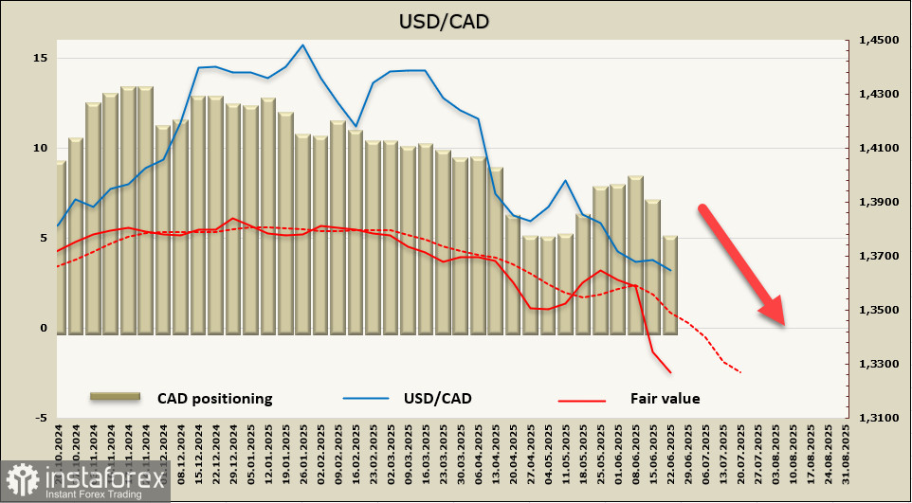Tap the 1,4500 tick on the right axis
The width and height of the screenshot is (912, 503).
click(x=877, y=41)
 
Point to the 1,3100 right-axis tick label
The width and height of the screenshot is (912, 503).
click(x=877, y=418)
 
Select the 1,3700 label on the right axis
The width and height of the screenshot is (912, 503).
click(x=877, y=257)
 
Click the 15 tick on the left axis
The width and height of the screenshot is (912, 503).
click(x=40, y=59)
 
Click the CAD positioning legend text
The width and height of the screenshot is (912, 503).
click(x=215, y=399)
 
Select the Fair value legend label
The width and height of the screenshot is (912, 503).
click(x=665, y=399)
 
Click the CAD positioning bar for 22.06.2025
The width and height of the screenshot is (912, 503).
click(x=670, y=284)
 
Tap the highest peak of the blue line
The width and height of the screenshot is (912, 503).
click(x=302, y=45)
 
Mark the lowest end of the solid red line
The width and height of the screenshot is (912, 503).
click(x=671, y=372)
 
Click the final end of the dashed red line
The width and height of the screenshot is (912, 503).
click(x=740, y=372)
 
